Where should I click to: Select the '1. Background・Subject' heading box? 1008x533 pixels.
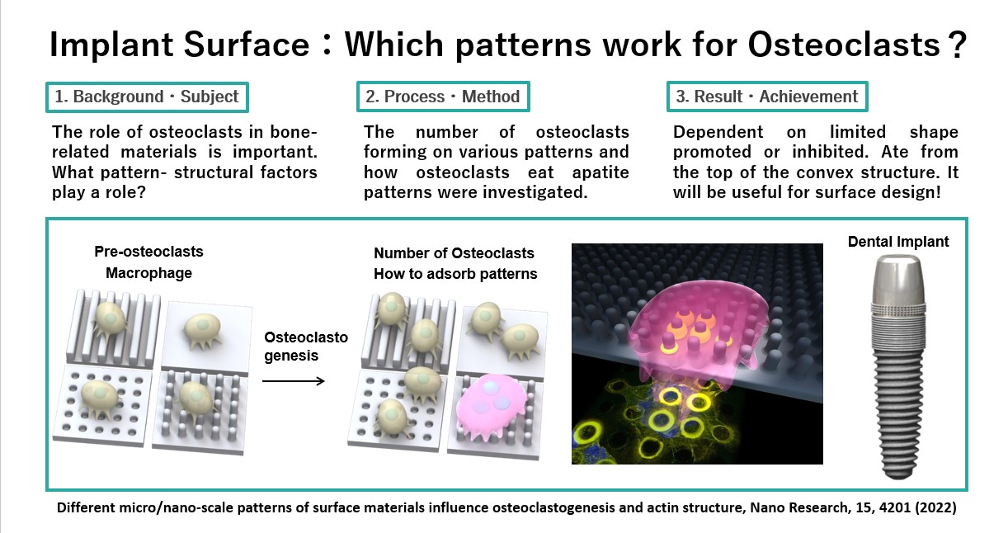click(x=147, y=97)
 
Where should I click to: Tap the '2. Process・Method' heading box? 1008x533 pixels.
click(x=443, y=97)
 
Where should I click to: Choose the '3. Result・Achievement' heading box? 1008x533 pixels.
click(x=767, y=97)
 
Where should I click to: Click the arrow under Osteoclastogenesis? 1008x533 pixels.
click(x=294, y=381)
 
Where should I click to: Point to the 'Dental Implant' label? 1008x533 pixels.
click(x=898, y=242)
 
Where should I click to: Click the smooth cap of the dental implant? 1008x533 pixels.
click(x=898, y=278)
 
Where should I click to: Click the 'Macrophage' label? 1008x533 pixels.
click(x=148, y=273)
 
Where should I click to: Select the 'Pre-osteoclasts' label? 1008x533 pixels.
click(x=148, y=251)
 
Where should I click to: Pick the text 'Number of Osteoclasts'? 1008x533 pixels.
click(x=454, y=253)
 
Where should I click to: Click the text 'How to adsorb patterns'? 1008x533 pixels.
click(x=455, y=274)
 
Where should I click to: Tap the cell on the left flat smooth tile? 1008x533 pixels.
click(x=202, y=331)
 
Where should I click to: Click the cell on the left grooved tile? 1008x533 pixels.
click(x=110, y=318)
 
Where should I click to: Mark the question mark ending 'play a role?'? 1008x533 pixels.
click(x=141, y=193)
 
